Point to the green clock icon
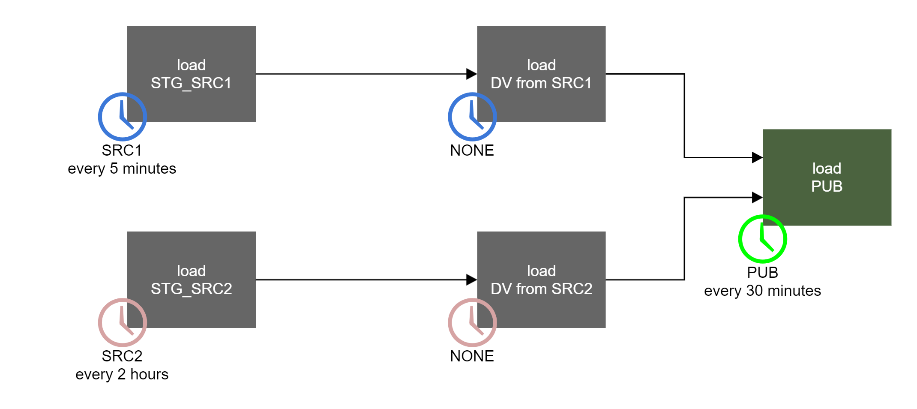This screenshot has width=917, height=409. [762, 239]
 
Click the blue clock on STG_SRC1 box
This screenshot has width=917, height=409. [122, 117]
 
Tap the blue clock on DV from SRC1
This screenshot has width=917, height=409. [472, 117]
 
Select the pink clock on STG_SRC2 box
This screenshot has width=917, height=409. [122, 322]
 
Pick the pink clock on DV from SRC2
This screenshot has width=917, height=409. [472, 322]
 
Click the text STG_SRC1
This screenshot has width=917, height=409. [191, 83]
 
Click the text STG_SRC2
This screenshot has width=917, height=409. [191, 289]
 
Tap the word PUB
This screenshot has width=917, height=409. [827, 186]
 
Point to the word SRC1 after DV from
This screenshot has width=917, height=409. [572, 83]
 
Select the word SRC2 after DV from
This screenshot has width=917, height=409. [572, 289]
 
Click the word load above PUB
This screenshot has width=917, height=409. [827, 168]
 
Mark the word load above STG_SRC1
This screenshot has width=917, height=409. [191, 65]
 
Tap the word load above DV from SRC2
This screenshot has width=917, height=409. [541, 271]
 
